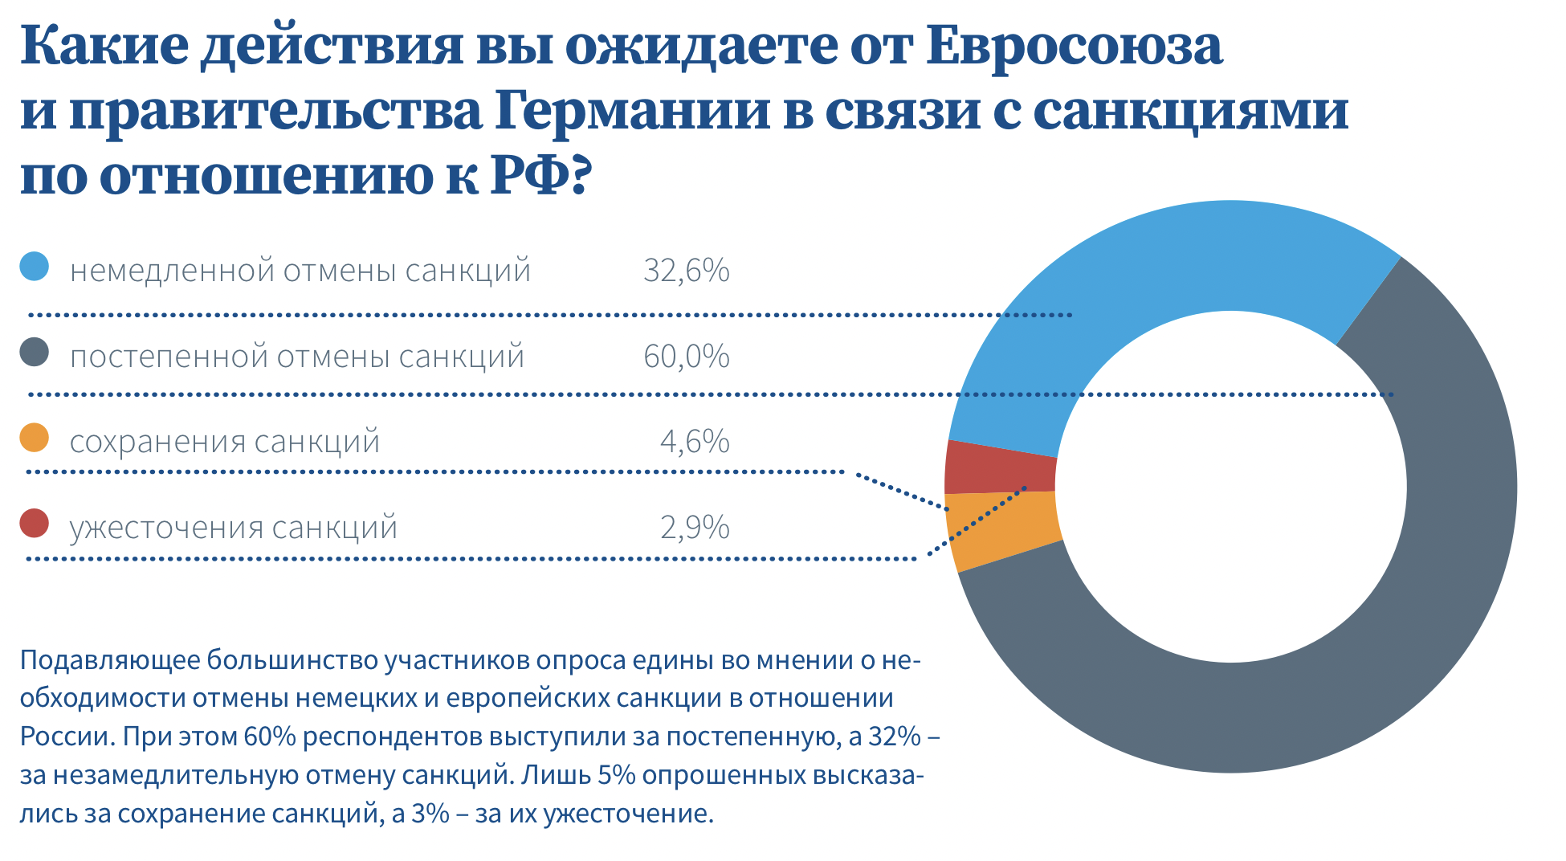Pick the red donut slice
coord(1001,469)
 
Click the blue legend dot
coord(35,267)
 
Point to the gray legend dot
coord(35,353)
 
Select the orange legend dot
coord(35,439)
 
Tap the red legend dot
coord(35,524)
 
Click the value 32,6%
coord(686,271)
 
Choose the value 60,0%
coord(686,357)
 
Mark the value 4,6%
coord(694,442)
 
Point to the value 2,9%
coord(694,528)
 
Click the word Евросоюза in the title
coord(1074,45)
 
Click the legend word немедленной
coord(172,271)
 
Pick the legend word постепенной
coord(169,357)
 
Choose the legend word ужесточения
coord(165,528)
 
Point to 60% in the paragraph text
coord(270,737)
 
